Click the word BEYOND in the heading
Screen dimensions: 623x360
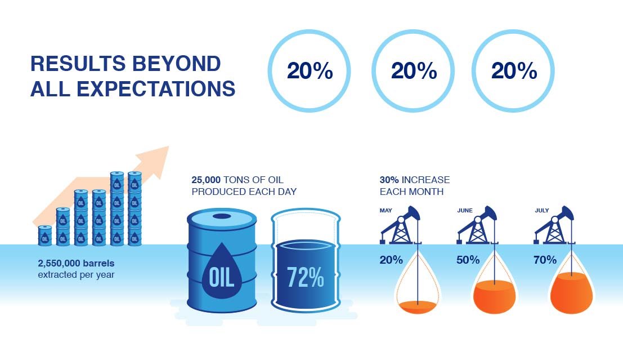176,64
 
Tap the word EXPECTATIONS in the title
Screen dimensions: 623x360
156,88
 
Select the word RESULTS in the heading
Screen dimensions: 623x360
78,64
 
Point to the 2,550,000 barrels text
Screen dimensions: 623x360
77,263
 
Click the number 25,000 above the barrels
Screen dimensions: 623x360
206,180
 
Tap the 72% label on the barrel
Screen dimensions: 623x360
305,277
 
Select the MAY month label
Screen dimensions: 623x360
386,211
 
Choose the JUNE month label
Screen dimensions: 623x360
465,211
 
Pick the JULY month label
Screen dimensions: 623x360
542,211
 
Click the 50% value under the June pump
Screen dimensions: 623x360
468,260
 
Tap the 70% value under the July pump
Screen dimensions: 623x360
545,260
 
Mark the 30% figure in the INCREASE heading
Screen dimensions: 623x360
389,180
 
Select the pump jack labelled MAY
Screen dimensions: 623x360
401,225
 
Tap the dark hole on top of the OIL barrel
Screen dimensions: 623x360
222,216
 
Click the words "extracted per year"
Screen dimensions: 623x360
77,275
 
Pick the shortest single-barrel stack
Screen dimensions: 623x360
45,235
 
